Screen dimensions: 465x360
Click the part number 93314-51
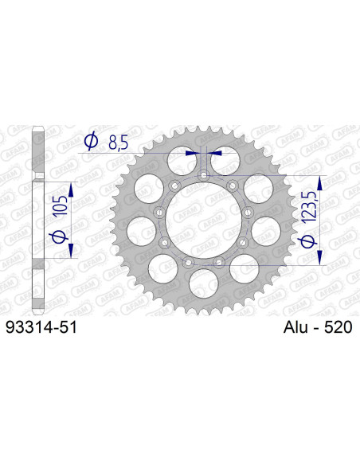41,326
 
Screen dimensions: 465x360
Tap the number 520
338,326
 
